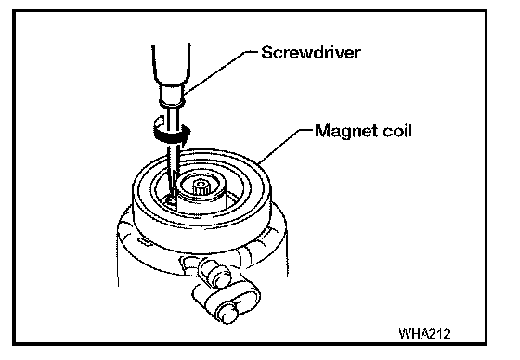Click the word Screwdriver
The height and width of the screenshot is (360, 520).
click(311, 52)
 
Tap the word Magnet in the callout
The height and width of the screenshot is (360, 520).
click(345, 131)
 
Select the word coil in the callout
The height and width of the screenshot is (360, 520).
click(397, 130)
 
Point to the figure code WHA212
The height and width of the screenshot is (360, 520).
click(425, 333)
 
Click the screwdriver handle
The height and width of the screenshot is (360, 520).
click(171, 64)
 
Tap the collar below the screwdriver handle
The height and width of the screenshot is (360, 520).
click(172, 96)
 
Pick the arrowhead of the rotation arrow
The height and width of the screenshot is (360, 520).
click(185, 132)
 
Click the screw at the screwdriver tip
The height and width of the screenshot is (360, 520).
click(171, 199)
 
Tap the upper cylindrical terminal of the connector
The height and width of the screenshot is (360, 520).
click(214, 273)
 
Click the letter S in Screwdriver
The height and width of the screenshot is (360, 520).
click(267, 52)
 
